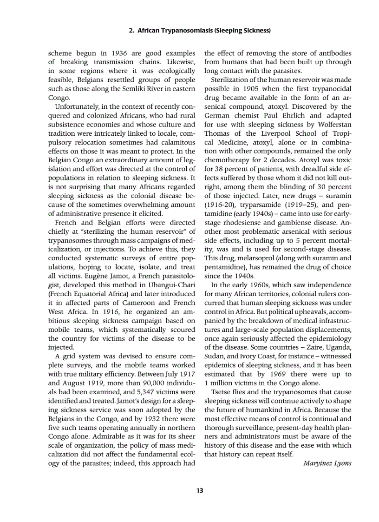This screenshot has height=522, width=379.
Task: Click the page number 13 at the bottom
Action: [200, 490]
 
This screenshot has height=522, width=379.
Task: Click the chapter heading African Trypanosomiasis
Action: [199, 31]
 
